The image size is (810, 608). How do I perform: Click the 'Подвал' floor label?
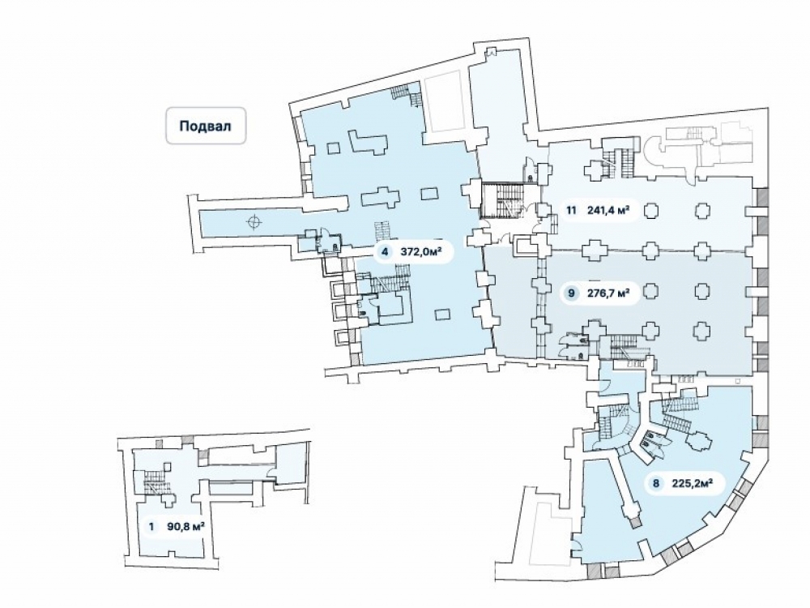click(206, 126)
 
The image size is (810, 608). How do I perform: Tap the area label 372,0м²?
click(421, 252)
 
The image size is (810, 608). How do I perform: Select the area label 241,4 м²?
click(610, 211)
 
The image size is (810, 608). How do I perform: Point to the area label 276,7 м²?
click(608, 293)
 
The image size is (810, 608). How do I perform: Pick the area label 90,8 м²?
click(185, 525)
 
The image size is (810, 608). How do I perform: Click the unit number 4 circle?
click(385, 252)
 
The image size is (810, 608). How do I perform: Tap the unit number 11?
click(571, 211)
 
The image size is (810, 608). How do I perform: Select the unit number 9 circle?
click(572, 293)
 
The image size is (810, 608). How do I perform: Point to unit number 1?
click(151, 525)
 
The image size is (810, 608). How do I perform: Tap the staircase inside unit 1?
click(151, 485)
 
